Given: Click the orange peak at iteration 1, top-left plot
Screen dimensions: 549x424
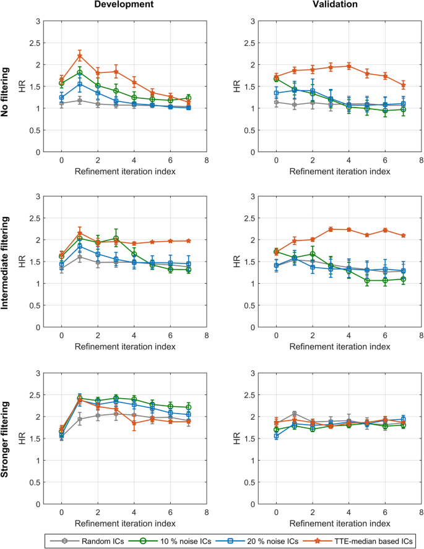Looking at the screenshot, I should coord(80,56).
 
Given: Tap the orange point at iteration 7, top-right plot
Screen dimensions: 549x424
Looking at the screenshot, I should coord(404,85).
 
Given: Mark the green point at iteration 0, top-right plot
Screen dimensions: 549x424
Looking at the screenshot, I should coord(276,79).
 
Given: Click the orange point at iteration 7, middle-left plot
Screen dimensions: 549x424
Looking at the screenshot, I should coord(189,240).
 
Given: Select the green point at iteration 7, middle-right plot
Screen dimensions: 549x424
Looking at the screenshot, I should coord(404,279).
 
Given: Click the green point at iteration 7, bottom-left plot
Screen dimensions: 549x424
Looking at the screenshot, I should coord(189,407).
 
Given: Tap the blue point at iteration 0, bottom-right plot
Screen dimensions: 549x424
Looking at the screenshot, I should coord(276,436).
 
